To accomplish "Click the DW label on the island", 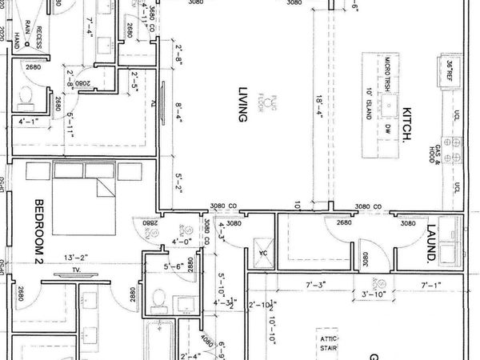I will click(386, 130).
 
